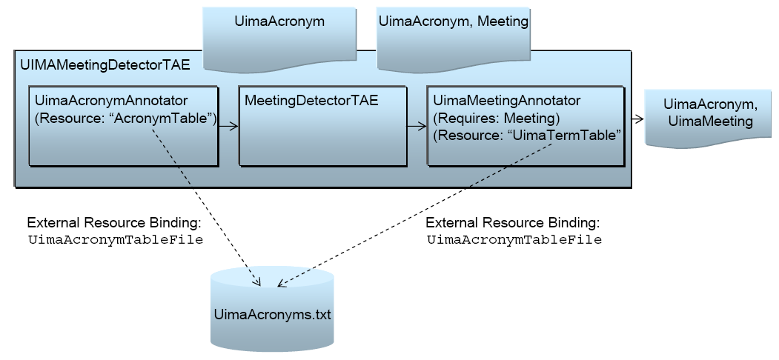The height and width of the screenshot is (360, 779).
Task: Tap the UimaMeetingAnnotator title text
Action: pos(506,100)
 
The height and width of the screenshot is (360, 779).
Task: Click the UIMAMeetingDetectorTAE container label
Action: pos(105,65)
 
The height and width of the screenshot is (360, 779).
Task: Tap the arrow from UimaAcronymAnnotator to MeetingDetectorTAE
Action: pos(228,127)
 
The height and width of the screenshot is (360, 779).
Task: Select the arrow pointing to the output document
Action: pos(637,117)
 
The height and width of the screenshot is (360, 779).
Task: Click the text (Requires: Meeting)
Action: pos(496,119)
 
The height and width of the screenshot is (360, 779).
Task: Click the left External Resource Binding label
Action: pos(114,223)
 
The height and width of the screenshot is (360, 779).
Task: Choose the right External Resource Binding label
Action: pos(513,223)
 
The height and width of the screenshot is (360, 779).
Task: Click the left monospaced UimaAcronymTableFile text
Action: pos(115,240)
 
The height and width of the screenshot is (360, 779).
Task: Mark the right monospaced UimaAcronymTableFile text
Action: pos(514,240)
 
